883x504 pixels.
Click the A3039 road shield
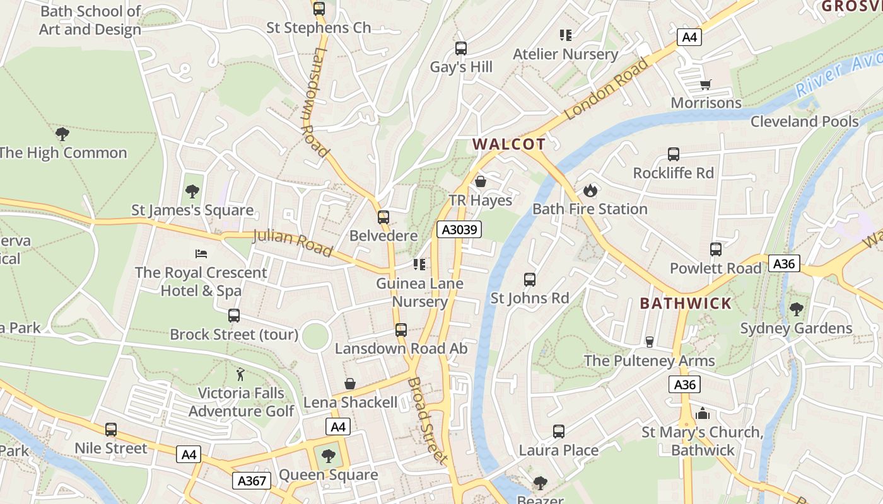coord(459,229)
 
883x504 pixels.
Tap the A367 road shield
coord(252,481)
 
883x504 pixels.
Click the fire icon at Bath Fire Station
coord(590,190)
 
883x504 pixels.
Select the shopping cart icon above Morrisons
coord(706,84)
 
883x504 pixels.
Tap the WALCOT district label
coord(509,144)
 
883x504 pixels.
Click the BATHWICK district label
coord(686,303)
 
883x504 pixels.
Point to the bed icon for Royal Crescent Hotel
coord(201,254)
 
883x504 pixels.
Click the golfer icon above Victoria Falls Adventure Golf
coord(240,374)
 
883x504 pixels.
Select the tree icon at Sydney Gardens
coord(796,309)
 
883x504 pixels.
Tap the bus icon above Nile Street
coord(111,430)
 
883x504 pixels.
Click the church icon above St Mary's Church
coord(703,414)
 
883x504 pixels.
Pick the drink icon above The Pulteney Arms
coord(649,341)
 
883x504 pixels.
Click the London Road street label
coord(606,89)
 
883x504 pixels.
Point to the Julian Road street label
coord(293,243)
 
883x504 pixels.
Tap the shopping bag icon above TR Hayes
coord(481,182)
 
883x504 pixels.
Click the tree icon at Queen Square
coord(328,456)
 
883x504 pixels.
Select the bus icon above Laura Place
coord(558,432)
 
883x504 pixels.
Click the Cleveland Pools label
coord(804,122)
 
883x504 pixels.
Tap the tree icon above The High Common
coord(62,134)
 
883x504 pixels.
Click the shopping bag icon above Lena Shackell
coord(350,384)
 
